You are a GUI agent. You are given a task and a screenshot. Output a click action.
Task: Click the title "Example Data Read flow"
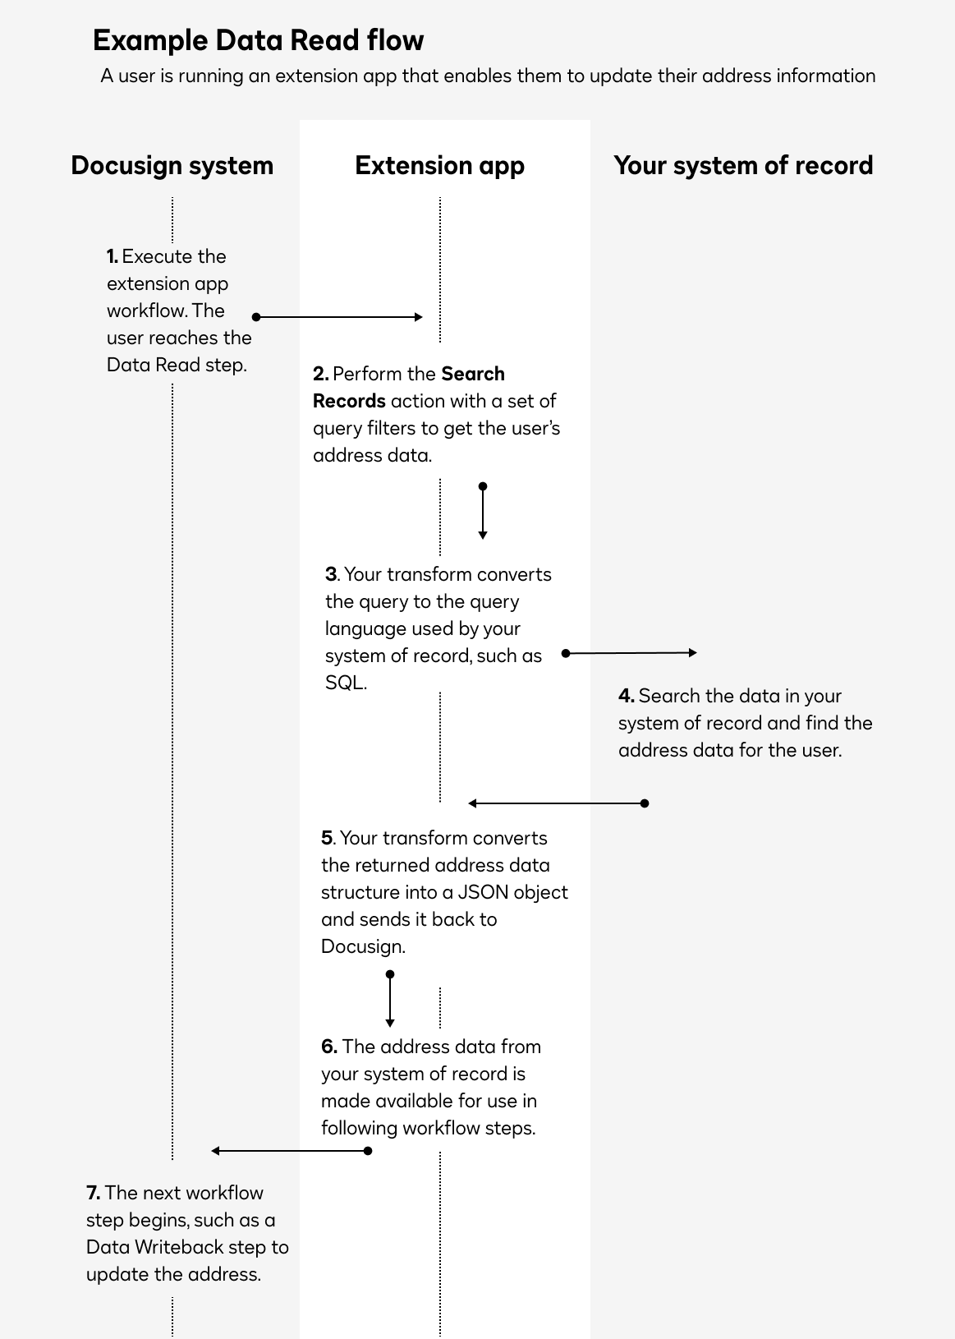pyautogui.click(x=258, y=40)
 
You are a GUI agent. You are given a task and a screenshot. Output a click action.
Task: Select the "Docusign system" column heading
pyautogui.click(x=172, y=166)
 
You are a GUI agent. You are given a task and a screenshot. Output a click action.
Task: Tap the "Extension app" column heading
pyautogui.click(x=440, y=166)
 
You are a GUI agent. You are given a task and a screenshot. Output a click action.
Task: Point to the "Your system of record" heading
pyautogui.click(x=743, y=166)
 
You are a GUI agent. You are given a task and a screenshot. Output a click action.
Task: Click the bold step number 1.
pyautogui.click(x=112, y=256)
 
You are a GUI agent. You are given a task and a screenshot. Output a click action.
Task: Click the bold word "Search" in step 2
pyautogui.click(x=473, y=374)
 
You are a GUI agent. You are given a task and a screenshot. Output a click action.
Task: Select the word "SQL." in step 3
pyautogui.click(x=346, y=683)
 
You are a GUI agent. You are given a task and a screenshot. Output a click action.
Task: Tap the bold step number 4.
pyautogui.click(x=627, y=696)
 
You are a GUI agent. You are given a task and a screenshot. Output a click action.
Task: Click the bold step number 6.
pyautogui.click(x=329, y=1046)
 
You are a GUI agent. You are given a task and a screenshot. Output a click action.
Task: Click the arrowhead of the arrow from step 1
pyautogui.click(x=419, y=317)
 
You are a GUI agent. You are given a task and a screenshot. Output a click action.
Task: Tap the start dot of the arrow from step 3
pyautogui.click(x=566, y=653)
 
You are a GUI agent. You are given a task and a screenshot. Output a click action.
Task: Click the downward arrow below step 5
pyautogui.click(x=390, y=999)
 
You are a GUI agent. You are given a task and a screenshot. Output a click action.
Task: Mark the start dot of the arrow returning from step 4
pyautogui.click(x=645, y=803)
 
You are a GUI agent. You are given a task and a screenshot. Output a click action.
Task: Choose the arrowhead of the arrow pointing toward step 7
pyautogui.click(x=215, y=1151)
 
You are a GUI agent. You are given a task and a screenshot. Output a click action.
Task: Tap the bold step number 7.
pyautogui.click(x=94, y=1193)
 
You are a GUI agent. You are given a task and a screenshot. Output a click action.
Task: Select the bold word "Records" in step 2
pyautogui.click(x=349, y=401)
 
